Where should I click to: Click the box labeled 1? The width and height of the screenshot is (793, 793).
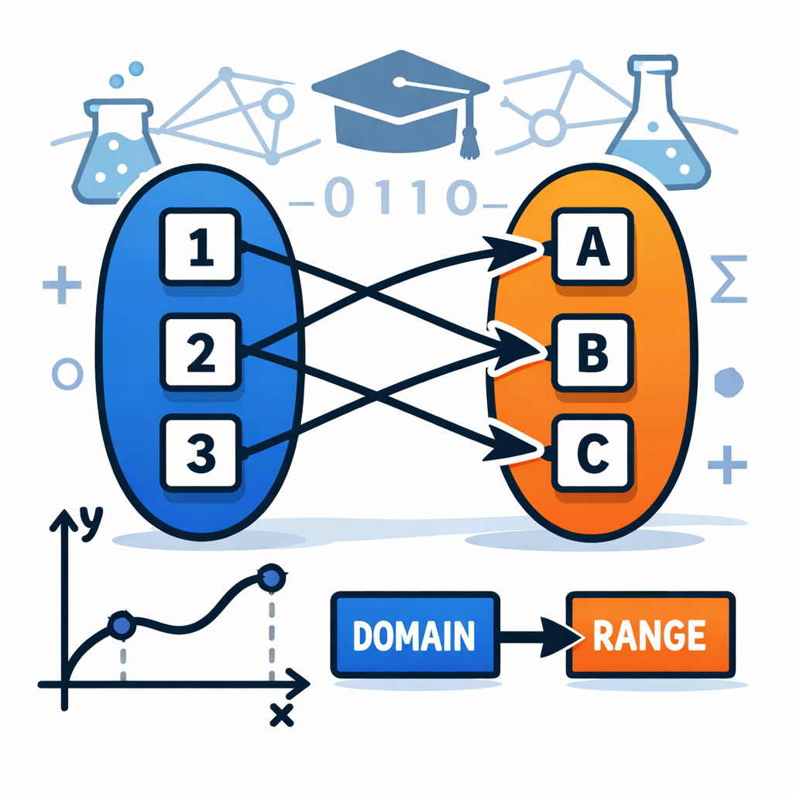(x=201, y=247)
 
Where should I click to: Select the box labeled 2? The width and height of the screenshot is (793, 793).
(x=201, y=352)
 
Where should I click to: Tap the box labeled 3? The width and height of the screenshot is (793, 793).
(x=201, y=453)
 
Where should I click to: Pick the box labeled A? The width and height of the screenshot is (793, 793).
(x=592, y=247)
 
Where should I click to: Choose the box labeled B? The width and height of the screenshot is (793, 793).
(x=592, y=352)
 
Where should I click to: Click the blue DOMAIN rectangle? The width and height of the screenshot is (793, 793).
(x=415, y=635)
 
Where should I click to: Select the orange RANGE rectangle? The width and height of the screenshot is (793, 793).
(x=651, y=635)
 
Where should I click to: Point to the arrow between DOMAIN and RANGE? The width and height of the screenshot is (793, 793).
(x=540, y=636)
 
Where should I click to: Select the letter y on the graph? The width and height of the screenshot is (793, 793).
(x=91, y=523)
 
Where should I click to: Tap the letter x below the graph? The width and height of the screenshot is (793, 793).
(x=282, y=715)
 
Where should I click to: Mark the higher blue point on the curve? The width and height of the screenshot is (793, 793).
(x=272, y=578)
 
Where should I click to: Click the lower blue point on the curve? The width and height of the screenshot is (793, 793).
(x=122, y=626)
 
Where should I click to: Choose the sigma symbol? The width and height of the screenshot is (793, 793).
(x=729, y=279)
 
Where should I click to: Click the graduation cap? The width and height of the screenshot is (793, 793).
(x=400, y=104)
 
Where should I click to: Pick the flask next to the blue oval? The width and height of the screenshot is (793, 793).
(x=115, y=152)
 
